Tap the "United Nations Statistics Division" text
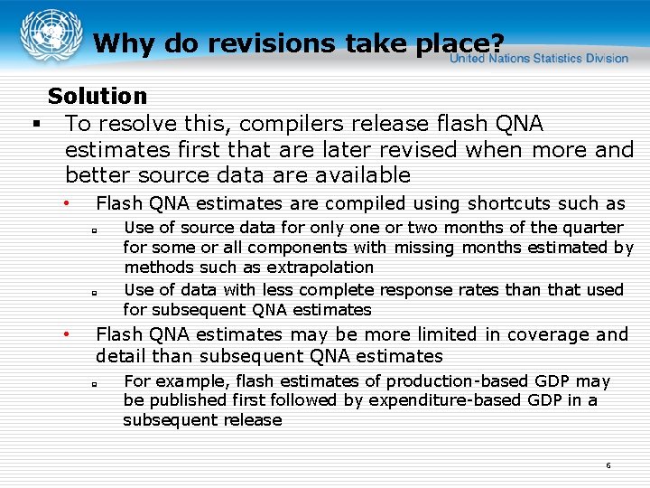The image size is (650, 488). tap(539, 58)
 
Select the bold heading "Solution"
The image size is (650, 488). tap(97, 96)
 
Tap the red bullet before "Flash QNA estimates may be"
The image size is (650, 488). tap(66, 334)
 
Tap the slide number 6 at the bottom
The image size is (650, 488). tap(608, 465)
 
